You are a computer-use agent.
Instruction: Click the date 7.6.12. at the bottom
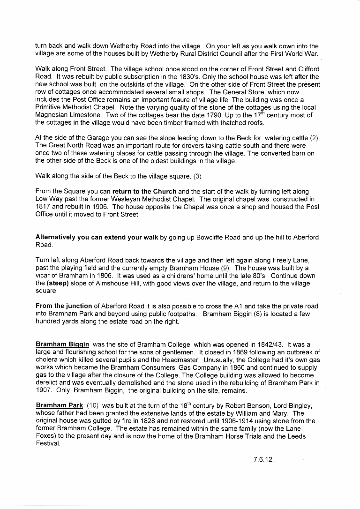[263, 459]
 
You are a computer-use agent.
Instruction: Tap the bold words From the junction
[65, 306]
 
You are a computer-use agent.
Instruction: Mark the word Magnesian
[53, 115]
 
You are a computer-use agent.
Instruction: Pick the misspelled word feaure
[180, 100]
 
